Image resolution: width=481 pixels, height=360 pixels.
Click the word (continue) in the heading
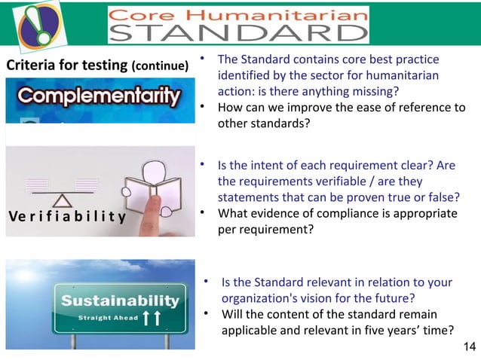tap(160, 66)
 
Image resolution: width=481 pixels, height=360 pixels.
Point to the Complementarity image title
tap(96, 96)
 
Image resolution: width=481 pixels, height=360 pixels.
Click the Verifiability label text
tap(66, 218)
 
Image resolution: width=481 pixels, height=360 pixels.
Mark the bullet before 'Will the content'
tap(205, 313)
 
